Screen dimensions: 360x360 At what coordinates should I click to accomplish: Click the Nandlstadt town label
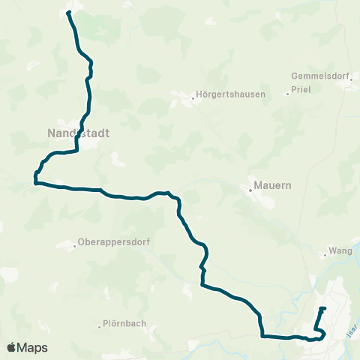(73, 133)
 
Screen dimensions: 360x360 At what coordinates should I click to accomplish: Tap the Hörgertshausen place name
(230, 95)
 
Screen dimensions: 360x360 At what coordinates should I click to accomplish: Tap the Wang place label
(340, 252)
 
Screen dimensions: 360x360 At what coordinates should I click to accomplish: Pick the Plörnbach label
(125, 325)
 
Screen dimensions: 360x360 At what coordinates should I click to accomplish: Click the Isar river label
(352, 325)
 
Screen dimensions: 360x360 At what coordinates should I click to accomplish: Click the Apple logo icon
(12, 347)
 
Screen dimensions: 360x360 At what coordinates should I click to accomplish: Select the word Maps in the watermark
(33, 347)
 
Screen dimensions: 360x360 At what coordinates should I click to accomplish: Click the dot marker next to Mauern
(250, 190)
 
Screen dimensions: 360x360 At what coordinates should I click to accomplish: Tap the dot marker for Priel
(288, 94)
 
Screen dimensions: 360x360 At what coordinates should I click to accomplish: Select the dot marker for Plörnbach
(100, 325)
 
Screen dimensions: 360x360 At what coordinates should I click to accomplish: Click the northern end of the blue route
(68, 13)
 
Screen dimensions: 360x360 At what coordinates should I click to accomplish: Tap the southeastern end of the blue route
(324, 308)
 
